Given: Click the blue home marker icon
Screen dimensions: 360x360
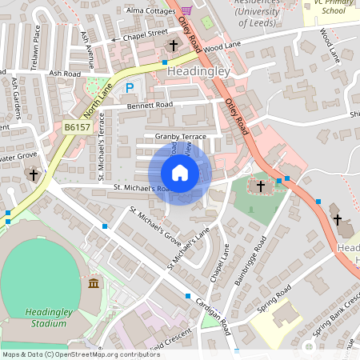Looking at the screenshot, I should coord(180,173).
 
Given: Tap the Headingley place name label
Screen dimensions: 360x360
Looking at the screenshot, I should coord(198,72).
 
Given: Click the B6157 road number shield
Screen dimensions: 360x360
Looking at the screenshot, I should coord(78,127).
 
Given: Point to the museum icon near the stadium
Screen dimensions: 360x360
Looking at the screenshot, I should coord(94,284).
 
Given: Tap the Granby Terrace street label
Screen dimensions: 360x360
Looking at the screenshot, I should coord(181,137).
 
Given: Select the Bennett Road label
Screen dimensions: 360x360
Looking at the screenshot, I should coord(148,105).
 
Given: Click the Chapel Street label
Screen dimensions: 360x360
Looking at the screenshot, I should coord(145,34).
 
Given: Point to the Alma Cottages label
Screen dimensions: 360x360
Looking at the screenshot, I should coord(150,10).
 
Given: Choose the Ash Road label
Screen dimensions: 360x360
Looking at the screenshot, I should coord(65,73).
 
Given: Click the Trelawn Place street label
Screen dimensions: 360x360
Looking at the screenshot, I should coord(37,46).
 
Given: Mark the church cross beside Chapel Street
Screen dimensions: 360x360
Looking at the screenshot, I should coord(173,46).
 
